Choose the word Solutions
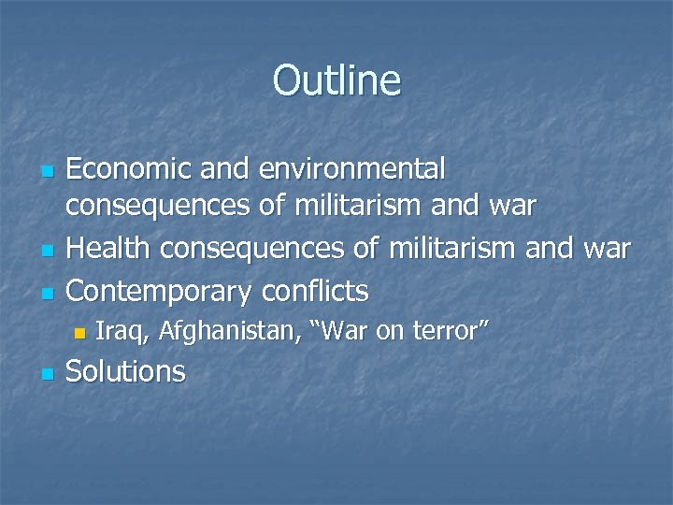pos(127,371)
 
